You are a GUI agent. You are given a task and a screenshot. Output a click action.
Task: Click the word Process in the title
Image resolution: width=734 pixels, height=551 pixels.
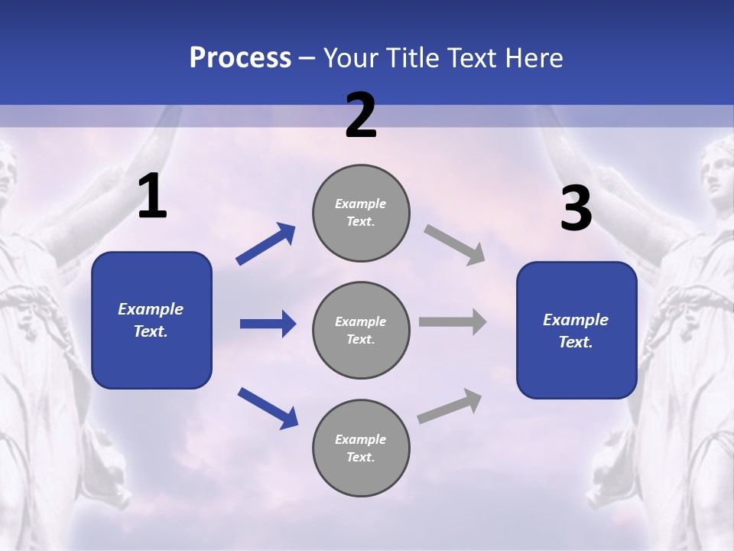(x=240, y=58)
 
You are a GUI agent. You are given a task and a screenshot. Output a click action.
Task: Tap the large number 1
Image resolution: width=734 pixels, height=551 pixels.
(x=152, y=197)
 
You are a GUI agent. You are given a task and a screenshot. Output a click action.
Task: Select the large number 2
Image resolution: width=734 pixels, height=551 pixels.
(x=361, y=116)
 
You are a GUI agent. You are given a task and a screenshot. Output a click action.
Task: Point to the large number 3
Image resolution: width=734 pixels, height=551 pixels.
(x=576, y=209)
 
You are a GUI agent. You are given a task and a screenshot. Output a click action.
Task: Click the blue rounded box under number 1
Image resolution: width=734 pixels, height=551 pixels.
(x=151, y=320)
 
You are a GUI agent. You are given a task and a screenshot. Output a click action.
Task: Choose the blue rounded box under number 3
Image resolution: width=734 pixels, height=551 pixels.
(x=576, y=330)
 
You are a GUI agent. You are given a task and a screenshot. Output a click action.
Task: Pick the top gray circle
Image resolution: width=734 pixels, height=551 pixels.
(x=361, y=213)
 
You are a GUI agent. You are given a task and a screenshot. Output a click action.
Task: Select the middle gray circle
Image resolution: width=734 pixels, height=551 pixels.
(x=361, y=330)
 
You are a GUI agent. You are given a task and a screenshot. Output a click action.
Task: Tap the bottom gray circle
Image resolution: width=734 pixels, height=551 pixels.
(x=361, y=448)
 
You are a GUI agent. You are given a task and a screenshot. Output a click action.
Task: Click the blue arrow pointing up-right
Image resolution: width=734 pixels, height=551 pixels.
(x=266, y=244)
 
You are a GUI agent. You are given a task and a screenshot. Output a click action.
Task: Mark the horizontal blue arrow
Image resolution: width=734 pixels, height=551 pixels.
(x=268, y=324)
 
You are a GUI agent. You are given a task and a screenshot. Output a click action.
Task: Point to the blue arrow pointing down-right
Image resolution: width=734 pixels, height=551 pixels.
(x=268, y=408)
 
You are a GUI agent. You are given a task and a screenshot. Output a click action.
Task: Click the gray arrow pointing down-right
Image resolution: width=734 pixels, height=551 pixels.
(x=455, y=244)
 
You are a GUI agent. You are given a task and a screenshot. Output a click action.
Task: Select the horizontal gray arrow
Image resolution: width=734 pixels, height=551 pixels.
(x=453, y=322)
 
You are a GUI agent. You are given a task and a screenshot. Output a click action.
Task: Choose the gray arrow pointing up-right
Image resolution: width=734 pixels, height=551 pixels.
(x=450, y=406)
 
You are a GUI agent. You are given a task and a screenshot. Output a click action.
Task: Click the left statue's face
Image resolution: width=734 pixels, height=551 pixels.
(x=6, y=172)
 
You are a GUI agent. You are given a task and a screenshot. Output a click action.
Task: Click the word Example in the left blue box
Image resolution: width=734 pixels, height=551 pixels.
(x=151, y=309)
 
